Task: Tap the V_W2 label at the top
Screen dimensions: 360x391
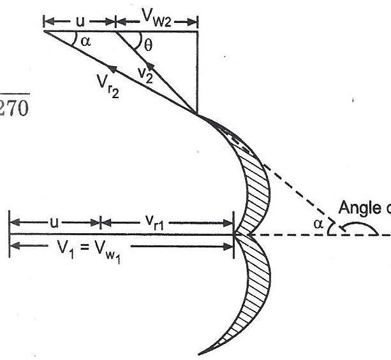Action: coord(156,20)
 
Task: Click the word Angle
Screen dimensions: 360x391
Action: coord(357,208)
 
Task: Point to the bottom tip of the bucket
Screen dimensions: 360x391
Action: coord(202,352)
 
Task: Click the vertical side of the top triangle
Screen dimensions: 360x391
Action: coord(198,70)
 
